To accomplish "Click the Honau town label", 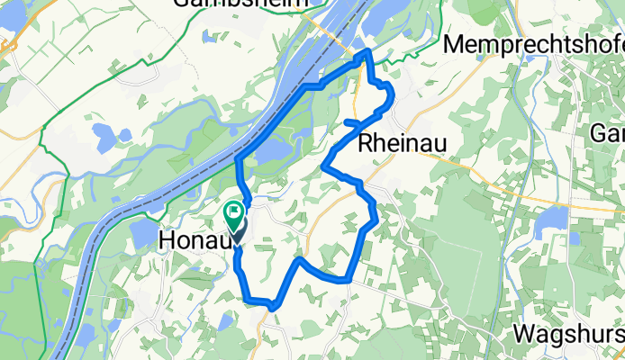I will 193,240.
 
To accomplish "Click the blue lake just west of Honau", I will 144,233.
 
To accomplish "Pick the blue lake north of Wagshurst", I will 550,219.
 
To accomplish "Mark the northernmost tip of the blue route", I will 366,52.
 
